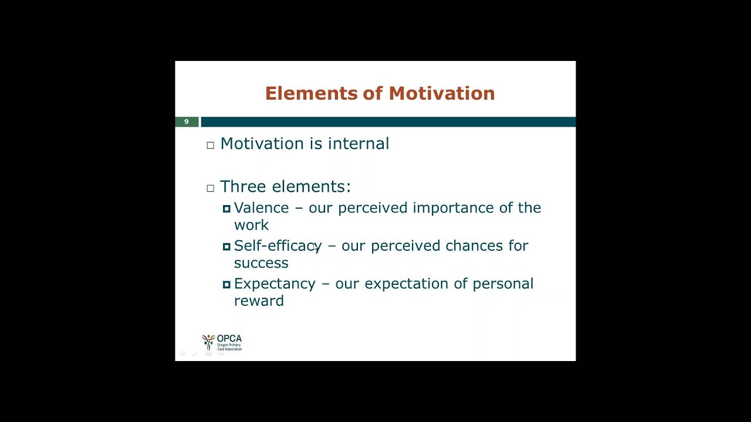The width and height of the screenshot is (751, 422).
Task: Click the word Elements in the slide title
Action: tap(312, 93)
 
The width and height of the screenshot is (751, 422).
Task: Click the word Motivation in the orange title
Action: tap(442, 93)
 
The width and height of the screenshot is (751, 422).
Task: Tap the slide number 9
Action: tap(187, 121)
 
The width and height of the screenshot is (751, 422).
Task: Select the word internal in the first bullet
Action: tap(358, 144)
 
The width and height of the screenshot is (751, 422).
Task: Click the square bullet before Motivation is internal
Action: tap(210, 145)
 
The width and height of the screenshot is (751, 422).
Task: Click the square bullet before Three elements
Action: tap(210, 188)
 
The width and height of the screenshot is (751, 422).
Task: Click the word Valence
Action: tap(261, 207)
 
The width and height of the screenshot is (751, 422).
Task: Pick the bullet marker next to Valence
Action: tap(226, 209)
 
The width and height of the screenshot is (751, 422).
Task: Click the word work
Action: tap(252, 225)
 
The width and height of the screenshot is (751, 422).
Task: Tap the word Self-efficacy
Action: tap(278, 246)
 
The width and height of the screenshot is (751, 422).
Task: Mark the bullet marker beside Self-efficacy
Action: tap(226, 247)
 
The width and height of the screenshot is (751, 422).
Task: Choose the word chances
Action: tap(474, 246)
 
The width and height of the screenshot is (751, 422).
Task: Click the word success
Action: tap(261, 263)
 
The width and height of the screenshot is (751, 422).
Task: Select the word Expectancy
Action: tap(275, 284)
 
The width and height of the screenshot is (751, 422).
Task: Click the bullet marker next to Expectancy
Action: tap(226, 284)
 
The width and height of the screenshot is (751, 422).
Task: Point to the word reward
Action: tap(259, 301)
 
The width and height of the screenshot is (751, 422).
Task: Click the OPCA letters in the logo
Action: tap(229, 339)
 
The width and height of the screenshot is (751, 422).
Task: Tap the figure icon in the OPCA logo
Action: tap(208, 342)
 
